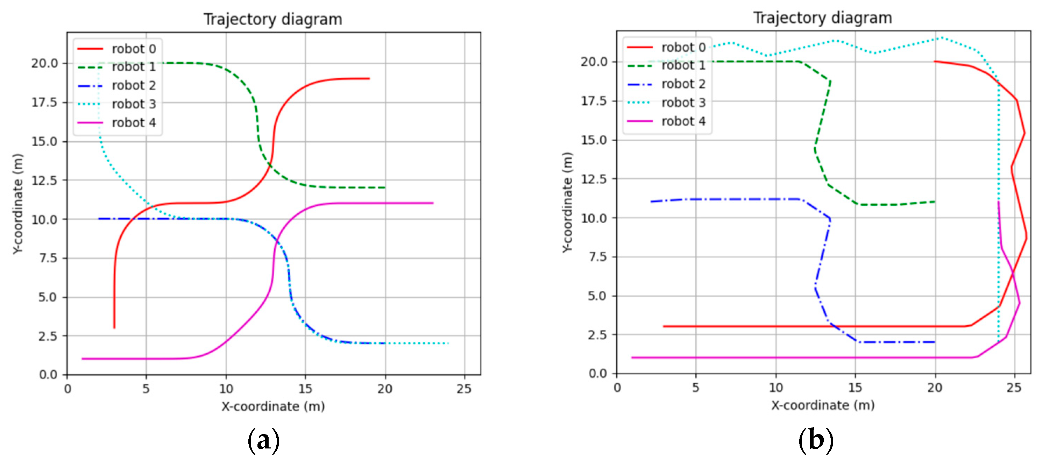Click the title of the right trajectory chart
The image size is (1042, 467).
(x=822, y=17)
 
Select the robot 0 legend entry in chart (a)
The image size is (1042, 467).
(x=117, y=49)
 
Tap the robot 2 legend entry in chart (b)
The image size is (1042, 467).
(x=667, y=84)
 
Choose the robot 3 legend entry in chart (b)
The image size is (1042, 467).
(x=667, y=102)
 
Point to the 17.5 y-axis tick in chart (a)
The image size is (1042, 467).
(x=44, y=102)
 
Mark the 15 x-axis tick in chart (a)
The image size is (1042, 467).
(x=305, y=389)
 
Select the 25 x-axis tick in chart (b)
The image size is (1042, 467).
(x=1014, y=387)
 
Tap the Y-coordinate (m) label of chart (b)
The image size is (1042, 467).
(x=567, y=202)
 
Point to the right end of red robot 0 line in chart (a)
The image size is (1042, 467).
(x=369, y=78)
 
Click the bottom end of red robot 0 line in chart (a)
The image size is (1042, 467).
(x=114, y=327)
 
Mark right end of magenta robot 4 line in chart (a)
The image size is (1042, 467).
(x=432, y=203)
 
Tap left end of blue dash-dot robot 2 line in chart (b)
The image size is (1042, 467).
(x=651, y=201)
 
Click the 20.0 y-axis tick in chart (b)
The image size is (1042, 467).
(x=594, y=62)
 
